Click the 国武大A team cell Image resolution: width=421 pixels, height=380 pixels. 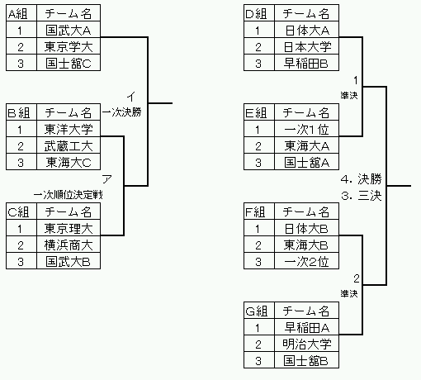pos(69,30)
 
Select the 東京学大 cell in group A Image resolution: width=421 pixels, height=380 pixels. pos(69,46)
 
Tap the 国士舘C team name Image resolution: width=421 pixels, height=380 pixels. pos(69,63)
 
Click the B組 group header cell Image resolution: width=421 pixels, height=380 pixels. pos(21,112)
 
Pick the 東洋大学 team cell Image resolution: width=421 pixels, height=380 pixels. pos(69,129)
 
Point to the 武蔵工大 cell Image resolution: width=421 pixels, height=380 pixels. pos(69,145)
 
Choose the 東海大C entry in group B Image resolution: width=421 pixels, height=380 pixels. pos(69,162)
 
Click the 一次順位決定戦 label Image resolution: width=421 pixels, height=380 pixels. pos(69,195)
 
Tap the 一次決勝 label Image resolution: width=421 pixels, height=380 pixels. pos(122,112)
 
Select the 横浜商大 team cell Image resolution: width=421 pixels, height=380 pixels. pos(69,245)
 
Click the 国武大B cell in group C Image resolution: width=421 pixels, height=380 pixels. pos(69,261)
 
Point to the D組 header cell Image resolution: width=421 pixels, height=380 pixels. pos(259,13)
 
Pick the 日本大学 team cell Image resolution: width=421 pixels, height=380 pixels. pos(307,46)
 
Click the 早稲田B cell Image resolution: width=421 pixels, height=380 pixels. pos(307,63)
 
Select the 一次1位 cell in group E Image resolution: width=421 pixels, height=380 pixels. pos(307,129)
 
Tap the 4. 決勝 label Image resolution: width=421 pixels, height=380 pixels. pos(362,179)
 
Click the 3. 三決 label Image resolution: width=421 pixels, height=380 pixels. pos(362,196)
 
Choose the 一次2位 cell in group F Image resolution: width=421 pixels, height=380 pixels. pos(307,261)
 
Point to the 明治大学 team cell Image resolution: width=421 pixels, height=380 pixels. pos(307,344)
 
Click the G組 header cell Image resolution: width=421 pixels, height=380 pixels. pos(259,311)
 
